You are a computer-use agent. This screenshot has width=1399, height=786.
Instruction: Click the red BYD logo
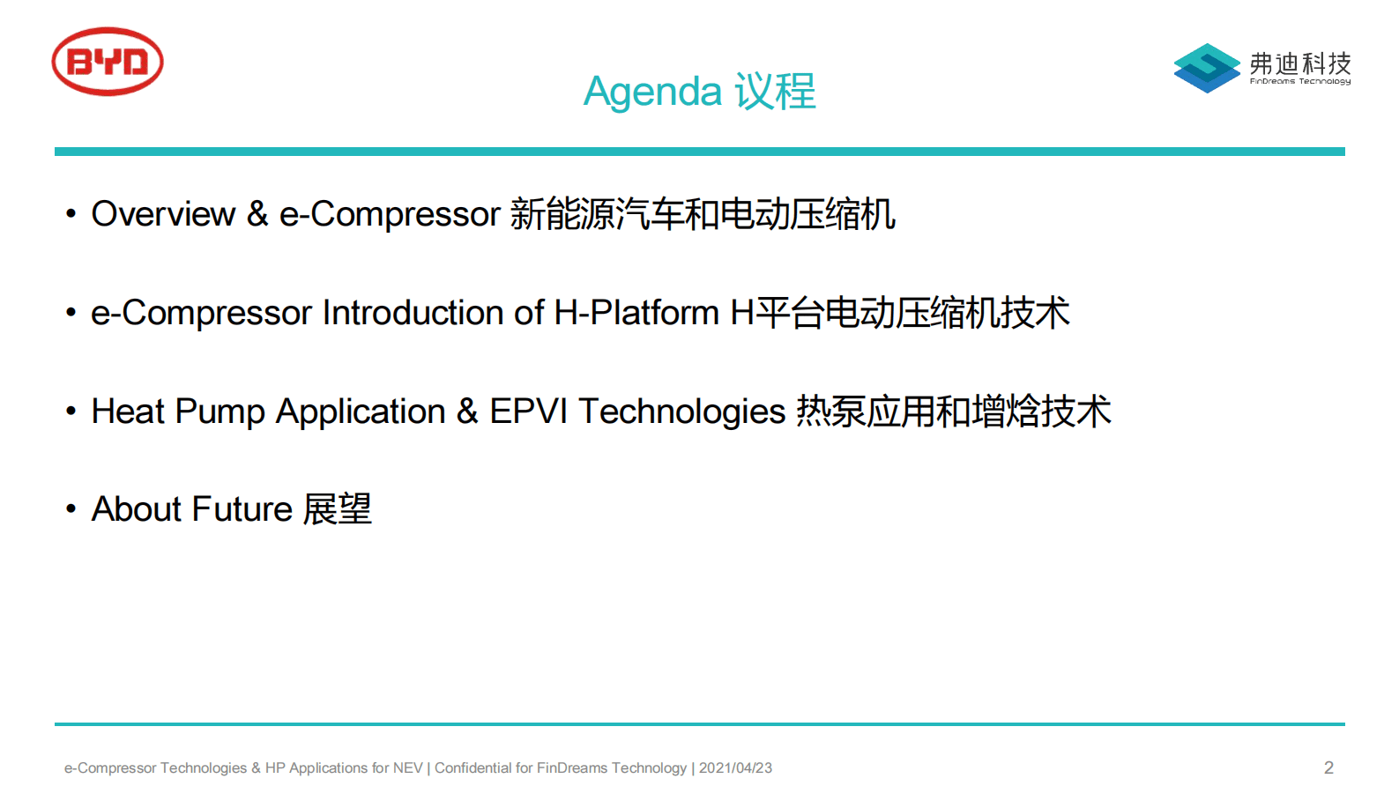[108, 61]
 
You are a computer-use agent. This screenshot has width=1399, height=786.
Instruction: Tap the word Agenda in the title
[652, 92]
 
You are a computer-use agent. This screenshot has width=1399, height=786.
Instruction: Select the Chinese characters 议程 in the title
[775, 91]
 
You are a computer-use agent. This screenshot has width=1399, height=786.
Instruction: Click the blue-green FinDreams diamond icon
[1207, 68]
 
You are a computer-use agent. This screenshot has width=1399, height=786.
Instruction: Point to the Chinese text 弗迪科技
[1300, 63]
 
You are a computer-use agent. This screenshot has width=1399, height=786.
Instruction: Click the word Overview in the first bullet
[163, 214]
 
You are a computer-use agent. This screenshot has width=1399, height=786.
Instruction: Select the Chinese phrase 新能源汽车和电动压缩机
[703, 214]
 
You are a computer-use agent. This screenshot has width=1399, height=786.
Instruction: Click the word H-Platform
[636, 312]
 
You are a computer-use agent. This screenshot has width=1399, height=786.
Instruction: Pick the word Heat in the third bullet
[128, 411]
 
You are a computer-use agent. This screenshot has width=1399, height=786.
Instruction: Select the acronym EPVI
[528, 411]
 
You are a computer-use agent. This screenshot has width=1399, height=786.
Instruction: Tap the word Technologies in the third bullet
[681, 412]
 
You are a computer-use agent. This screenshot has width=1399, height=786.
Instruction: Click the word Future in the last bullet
[242, 508]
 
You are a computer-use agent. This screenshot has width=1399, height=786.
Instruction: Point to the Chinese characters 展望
[338, 508]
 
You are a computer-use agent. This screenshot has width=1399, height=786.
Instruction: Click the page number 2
[1328, 767]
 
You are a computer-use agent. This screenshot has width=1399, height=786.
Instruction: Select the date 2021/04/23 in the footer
[735, 767]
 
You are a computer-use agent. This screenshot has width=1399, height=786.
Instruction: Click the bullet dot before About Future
[71, 509]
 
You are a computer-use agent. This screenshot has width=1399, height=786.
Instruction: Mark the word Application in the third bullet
[361, 412]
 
